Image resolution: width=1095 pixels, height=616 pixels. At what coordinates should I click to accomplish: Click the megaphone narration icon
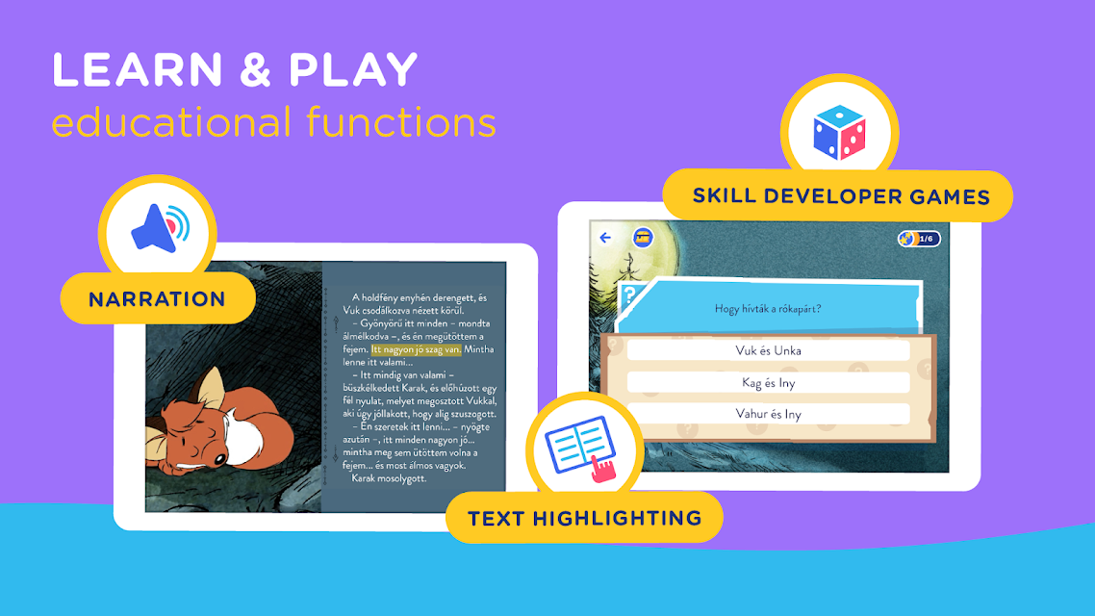160,228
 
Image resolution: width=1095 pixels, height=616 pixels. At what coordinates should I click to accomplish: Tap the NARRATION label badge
158,299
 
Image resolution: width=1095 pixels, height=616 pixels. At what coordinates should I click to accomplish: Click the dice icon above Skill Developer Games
839,133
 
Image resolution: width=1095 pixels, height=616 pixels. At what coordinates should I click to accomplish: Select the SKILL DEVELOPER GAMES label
841,196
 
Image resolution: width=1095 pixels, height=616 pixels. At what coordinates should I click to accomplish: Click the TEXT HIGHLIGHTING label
584,518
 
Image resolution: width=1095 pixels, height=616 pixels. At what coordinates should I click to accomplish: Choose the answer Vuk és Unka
768,350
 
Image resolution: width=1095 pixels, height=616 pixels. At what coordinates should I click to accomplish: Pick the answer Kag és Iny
768,383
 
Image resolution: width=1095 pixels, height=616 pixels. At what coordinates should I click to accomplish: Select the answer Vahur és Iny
768,414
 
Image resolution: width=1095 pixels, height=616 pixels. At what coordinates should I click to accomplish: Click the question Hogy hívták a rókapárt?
768,309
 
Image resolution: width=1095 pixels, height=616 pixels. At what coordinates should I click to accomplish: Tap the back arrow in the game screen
605,238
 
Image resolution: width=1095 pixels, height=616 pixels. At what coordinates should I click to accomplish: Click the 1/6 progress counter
920,239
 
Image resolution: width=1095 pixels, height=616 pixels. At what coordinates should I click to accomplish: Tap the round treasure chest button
643,238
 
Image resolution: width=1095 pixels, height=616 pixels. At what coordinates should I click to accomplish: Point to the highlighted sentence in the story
417,349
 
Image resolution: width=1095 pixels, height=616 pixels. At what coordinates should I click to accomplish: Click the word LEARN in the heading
138,70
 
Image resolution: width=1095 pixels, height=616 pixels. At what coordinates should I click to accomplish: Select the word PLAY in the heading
353,70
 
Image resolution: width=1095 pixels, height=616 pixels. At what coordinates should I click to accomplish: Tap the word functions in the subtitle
401,121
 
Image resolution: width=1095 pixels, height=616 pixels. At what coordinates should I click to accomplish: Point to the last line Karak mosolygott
389,478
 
